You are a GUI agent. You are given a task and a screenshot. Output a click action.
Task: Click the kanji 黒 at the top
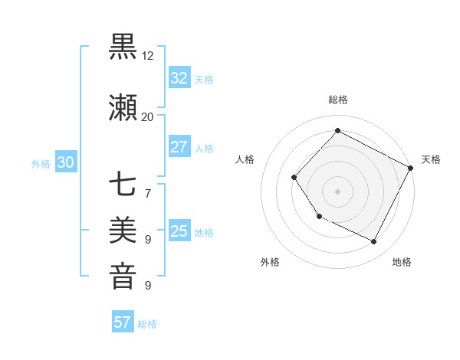[x=123, y=47]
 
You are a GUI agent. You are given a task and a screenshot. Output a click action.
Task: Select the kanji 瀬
[x=123, y=108]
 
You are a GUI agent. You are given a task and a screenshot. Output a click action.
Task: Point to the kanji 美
[x=123, y=230]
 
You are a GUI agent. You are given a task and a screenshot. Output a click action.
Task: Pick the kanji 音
[x=123, y=276]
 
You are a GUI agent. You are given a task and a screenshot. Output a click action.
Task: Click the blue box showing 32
[x=179, y=78]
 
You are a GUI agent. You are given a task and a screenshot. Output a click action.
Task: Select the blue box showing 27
[x=179, y=147]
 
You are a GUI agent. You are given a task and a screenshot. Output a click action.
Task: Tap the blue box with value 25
[x=179, y=231]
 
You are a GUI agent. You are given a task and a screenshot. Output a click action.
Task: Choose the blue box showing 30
[x=65, y=162]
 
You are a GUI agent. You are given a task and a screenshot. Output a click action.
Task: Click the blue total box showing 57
[x=123, y=322]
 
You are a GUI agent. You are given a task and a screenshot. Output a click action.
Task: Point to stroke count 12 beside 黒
[x=148, y=56]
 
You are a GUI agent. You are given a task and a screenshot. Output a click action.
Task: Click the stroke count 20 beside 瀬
[x=148, y=116]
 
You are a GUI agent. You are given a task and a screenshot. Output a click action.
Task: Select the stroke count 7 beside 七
[x=148, y=192]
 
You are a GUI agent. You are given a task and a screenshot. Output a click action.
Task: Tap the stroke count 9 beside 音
[x=148, y=285]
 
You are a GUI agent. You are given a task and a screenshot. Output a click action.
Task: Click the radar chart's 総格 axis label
[x=338, y=100]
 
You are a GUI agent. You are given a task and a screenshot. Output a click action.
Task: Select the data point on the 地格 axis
[x=374, y=242]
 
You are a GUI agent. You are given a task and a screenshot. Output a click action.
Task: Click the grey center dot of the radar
[x=337, y=191]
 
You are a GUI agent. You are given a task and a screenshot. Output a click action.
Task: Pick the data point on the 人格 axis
[x=294, y=178]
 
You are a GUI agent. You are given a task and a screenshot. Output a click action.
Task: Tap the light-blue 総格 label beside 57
[x=147, y=324]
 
